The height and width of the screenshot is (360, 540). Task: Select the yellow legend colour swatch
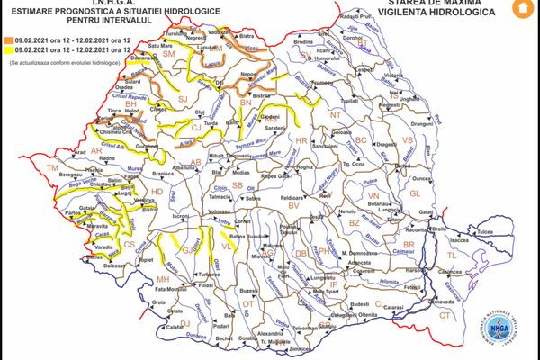(x=6, y=52)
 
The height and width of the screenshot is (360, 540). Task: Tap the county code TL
(x=453, y=256)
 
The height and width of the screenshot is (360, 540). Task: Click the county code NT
(x=337, y=115)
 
